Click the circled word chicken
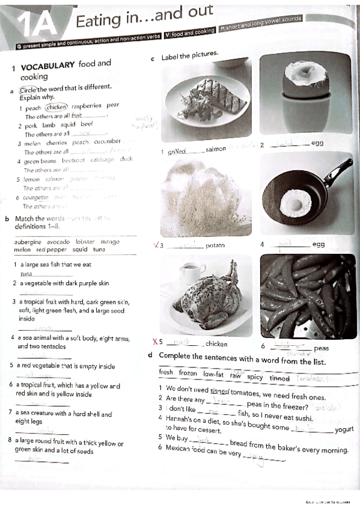pos(56,107)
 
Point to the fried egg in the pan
pos(295,202)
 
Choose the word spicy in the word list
pos(255,377)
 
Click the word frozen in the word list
pos(187,373)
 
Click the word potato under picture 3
pos(215,245)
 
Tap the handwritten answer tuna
pos(26,274)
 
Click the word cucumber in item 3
pos(107,143)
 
